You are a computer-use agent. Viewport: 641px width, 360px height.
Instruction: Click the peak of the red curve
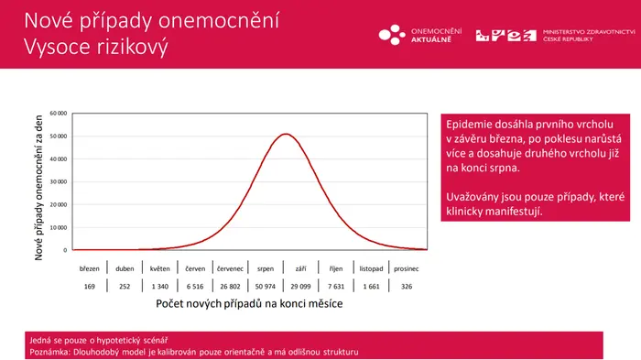(286, 134)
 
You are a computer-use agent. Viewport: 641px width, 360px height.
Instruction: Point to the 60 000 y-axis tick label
(58, 114)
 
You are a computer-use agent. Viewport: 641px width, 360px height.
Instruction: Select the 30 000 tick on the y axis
(58, 181)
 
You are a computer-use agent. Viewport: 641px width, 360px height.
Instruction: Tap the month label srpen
(266, 268)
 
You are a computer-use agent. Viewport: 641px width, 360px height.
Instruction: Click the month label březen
(89, 268)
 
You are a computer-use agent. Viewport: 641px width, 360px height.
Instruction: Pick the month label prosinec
(407, 268)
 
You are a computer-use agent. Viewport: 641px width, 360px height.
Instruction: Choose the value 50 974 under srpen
(266, 287)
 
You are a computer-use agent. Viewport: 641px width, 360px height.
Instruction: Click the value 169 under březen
(89, 287)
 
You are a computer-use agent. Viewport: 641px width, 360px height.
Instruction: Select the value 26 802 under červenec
(230, 287)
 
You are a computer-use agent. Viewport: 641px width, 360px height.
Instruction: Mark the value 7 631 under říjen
(336, 287)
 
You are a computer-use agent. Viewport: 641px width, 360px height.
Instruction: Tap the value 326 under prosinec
(407, 287)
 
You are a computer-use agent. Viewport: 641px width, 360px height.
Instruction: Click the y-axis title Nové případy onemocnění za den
(38, 188)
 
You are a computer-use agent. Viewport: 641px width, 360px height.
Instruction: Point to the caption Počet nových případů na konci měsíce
(249, 303)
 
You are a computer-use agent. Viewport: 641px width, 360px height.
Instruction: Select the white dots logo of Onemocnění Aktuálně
(392, 35)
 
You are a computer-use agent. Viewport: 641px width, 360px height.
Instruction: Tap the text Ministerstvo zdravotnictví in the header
(589, 32)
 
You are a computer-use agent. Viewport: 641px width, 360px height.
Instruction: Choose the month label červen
(195, 268)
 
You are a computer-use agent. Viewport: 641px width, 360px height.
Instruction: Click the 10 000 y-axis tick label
(58, 227)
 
